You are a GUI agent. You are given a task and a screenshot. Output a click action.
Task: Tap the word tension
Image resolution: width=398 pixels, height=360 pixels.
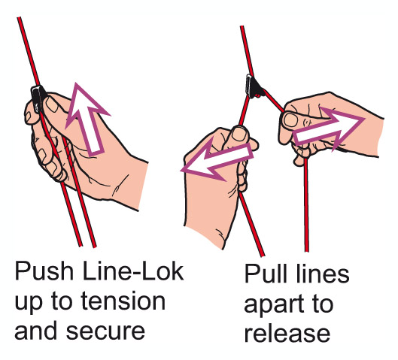tap(123, 301)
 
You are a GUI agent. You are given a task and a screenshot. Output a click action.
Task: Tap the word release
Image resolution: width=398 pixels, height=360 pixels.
tap(287, 334)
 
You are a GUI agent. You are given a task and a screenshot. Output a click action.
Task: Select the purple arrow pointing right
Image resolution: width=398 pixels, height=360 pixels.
tap(330, 129)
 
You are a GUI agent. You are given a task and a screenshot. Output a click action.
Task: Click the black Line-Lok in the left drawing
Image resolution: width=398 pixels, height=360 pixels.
tap(37, 98)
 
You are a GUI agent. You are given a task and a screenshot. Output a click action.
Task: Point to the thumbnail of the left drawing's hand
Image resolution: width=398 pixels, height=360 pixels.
tap(53, 104)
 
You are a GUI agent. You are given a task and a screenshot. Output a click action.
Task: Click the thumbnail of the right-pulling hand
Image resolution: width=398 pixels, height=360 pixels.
tap(291, 119)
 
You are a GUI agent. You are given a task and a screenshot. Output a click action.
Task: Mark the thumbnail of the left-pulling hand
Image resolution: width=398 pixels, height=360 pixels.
tap(238, 135)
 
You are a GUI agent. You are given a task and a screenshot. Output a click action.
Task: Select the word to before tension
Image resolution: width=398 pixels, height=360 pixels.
tap(62, 301)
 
